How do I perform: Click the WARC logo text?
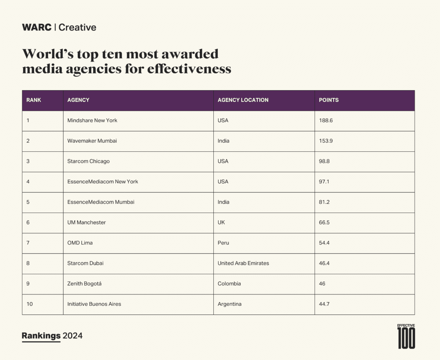37,27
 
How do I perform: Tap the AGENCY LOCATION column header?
243,100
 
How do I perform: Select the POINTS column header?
329,100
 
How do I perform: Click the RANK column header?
34,100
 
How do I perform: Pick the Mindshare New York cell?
92,120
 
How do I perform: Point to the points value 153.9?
326,141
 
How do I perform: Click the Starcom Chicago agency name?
88,161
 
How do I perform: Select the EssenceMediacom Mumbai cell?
101,202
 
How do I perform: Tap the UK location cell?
221,223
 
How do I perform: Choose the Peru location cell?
223,243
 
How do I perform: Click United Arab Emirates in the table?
243,263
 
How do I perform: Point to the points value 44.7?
324,304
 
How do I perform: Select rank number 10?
29,304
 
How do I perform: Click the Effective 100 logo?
406,337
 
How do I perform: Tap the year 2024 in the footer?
73,336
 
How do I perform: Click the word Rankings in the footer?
41,336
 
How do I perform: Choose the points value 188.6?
326,120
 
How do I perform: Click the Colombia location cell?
229,284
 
